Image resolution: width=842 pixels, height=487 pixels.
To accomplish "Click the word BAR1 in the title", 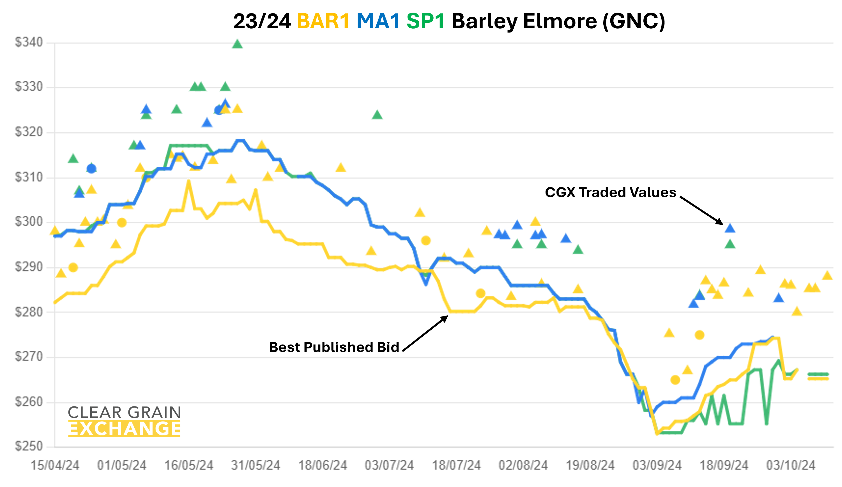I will coord(323,21).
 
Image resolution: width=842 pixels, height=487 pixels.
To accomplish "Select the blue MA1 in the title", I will coord(378,21).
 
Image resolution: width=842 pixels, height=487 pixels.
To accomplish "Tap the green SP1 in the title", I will coord(425,21).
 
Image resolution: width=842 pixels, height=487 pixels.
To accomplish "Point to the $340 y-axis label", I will coord(29,42).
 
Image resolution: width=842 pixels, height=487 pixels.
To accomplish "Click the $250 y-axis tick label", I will coord(29,446).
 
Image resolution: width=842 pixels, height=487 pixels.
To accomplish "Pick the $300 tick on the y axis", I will coord(29,222).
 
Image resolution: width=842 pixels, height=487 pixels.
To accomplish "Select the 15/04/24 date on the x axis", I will coord(55,465).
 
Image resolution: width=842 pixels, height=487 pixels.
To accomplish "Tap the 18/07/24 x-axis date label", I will coord(456,465).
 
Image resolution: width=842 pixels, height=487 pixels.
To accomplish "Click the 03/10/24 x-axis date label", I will coord(791,465).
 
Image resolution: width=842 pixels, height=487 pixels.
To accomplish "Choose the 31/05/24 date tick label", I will coord(256,465).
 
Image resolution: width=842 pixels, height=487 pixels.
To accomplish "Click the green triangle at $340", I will coord(237,44).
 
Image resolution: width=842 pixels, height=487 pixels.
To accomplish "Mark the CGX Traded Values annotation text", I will coord(610,192).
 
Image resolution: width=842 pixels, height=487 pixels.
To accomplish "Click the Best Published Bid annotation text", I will coord(334,347).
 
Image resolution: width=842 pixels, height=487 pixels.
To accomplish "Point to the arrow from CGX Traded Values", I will coord(702,211).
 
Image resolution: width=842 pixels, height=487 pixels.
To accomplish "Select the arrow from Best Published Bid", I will coord(425,333).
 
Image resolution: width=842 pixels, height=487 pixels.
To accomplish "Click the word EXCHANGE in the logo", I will coord(124,429).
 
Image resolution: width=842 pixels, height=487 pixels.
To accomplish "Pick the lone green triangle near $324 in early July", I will coord(377,115).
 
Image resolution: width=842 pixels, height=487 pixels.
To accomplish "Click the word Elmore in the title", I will coord(560,21).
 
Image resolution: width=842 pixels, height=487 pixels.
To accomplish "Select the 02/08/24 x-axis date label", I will coord(523,465).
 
